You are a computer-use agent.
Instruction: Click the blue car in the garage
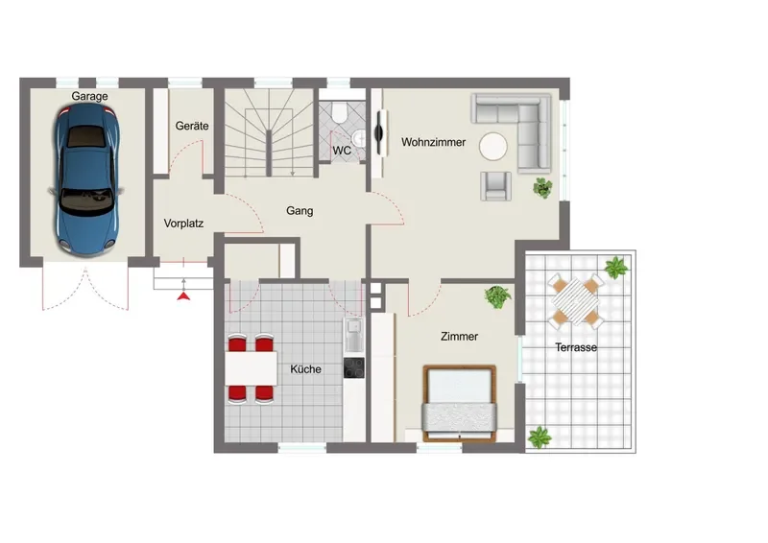coord(86,179)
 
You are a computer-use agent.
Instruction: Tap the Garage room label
coord(89,96)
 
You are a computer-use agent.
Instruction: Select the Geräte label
coord(192,126)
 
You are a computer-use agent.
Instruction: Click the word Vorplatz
coord(183,224)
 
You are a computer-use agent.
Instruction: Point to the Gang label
coord(300,211)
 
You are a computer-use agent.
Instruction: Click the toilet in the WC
coord(339,111)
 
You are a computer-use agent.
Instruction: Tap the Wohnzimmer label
coord(434,142)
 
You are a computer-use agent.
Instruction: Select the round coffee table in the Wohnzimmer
coord(493,147)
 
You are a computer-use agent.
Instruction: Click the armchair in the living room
coord(495,186)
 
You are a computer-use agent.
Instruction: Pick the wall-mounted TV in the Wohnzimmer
coord(380,133)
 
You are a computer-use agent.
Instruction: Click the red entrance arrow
coord(183,295)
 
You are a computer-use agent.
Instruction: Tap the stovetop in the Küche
coord(353,367)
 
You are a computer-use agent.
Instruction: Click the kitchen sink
coord(353,335)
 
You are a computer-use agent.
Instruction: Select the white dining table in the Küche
coord(252,368)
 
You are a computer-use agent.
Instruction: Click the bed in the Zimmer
coord(460,404)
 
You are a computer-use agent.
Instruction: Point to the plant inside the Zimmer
coord(497,297)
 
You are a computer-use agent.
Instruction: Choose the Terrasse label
coord(576,347)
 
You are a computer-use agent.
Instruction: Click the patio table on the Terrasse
coord(574,300)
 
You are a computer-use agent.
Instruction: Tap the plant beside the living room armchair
coord(542,188)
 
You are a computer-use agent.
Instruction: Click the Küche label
coord(305,369)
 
